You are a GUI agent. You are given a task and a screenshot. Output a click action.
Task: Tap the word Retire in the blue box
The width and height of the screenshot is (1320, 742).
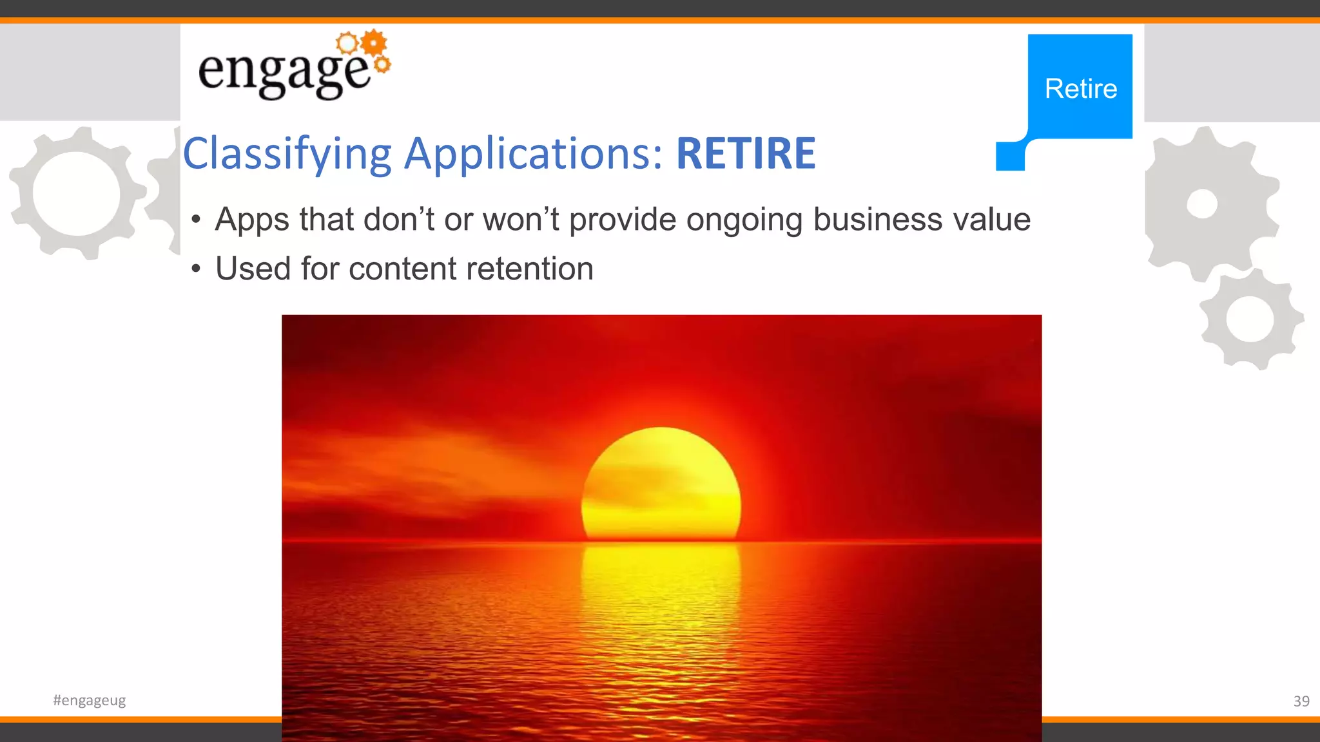pos(1081,89)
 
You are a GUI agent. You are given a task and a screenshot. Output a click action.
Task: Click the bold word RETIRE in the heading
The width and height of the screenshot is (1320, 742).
pos(745,153)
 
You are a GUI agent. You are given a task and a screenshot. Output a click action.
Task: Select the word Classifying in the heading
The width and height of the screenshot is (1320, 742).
pos(287,155)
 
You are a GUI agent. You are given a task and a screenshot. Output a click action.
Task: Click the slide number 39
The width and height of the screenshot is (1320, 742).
pos(1301,701)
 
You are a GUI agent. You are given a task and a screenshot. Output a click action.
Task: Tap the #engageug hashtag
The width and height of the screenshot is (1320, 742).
pos(90,700)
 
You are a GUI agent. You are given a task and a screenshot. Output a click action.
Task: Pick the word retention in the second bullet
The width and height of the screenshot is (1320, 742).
pos(529,269)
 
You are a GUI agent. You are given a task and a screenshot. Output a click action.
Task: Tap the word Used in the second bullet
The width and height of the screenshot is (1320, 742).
pos(253,269)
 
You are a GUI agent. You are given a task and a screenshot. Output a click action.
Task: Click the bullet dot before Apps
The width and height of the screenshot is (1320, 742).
pos(197,220)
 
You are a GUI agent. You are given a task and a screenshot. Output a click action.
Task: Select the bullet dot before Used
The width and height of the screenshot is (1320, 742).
pos(197,269)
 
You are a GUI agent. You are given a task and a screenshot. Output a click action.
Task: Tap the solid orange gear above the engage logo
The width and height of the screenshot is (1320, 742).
pos(374,43)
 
